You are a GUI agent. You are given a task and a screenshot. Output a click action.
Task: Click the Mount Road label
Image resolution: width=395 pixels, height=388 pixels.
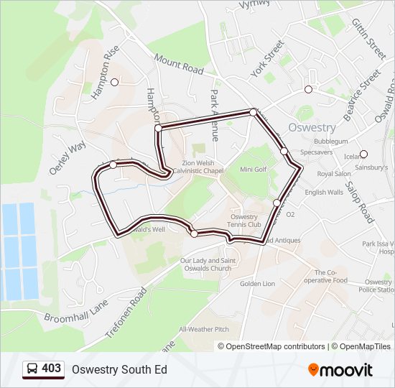179,67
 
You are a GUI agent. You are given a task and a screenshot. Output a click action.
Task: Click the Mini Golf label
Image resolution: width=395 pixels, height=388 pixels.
253,170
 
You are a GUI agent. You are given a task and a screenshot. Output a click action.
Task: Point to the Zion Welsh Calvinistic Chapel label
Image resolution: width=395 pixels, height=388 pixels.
192,167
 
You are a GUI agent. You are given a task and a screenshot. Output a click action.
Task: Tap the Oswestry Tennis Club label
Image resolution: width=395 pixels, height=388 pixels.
243,221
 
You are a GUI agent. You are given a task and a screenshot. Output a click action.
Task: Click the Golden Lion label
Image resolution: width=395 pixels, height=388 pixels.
257,284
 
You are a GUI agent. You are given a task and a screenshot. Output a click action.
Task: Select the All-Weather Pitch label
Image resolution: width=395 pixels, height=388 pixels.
204,329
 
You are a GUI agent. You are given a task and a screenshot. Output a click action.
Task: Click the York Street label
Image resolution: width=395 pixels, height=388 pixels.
268,60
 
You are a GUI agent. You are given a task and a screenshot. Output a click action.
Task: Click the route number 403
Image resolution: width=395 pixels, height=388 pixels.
52,368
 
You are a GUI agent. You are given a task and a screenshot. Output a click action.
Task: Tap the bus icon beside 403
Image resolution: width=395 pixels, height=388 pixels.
32,369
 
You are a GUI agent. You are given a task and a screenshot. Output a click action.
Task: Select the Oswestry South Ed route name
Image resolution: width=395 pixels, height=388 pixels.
119,369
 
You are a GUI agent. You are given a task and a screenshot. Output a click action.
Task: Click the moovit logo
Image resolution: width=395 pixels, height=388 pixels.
340,369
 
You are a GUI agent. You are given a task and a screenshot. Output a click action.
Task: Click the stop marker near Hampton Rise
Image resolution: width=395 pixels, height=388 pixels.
114,82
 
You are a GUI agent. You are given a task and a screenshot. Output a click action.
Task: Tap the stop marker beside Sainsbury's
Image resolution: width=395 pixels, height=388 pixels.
363,154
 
